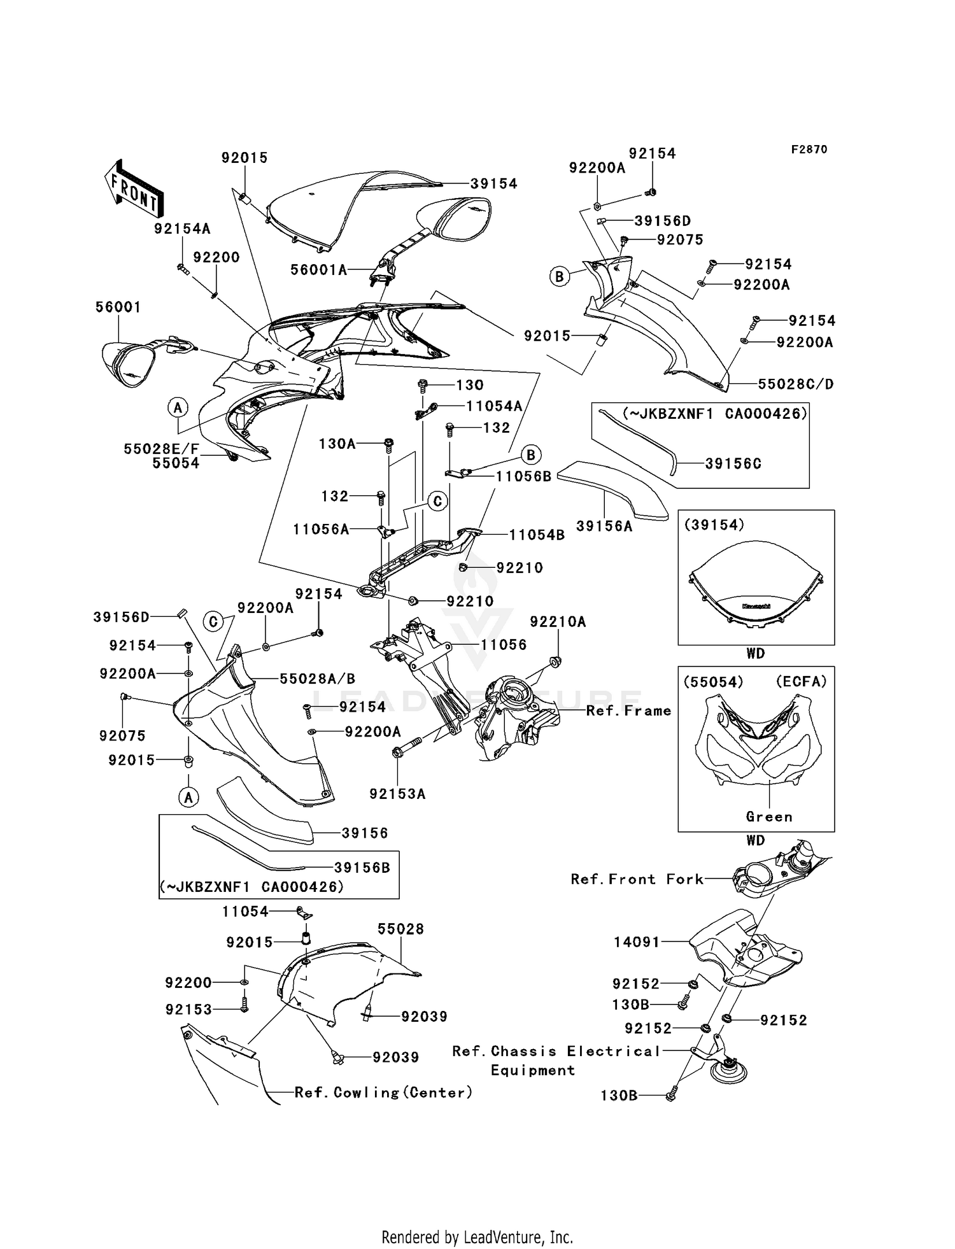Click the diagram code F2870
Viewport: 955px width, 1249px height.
809,150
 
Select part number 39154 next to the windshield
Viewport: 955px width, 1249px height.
493,184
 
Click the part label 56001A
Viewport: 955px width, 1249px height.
318,270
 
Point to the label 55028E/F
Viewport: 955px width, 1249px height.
161,449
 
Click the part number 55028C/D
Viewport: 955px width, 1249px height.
795,385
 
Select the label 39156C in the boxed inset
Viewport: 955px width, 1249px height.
733,464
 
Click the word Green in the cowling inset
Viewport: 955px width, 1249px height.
769,817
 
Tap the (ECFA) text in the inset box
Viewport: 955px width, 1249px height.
801,682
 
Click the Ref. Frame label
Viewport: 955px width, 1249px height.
628,710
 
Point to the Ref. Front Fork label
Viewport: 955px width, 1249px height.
637,879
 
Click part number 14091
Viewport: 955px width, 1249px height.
637,942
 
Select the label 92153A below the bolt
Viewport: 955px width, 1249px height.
397,794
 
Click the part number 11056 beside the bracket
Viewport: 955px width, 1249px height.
503,645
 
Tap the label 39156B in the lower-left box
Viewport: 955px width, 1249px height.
362,868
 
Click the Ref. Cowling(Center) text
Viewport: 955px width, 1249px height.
383,1092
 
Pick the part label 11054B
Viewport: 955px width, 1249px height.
536,535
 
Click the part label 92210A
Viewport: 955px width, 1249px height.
558,621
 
